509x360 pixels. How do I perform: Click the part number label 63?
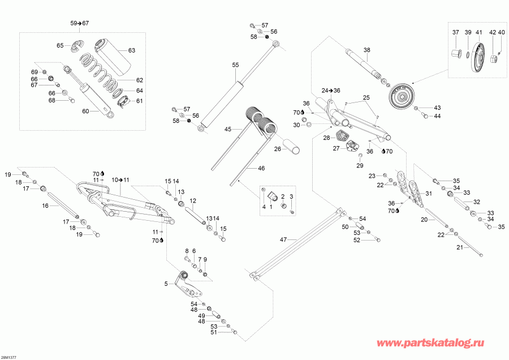[132, 50]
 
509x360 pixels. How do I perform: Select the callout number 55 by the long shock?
[236, 65]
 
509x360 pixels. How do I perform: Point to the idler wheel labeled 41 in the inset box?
[481, 57]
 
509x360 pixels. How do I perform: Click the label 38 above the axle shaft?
[366, 50]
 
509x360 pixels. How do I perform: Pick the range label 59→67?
[80, 23]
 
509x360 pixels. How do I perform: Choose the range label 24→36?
[331, 90]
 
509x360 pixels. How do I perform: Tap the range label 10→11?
[120, 179]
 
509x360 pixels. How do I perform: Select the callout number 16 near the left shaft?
[45, 207]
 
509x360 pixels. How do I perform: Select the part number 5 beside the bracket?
[166, 284]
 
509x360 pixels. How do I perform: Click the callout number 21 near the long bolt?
[459, 247]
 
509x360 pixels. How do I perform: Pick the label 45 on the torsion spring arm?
[228, 130]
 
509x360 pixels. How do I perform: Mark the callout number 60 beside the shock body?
[85, 112]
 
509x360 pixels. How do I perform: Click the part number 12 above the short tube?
[192, 201]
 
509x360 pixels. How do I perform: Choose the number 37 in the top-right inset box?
[456, 32]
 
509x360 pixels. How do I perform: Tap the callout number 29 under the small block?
[359, 165]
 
